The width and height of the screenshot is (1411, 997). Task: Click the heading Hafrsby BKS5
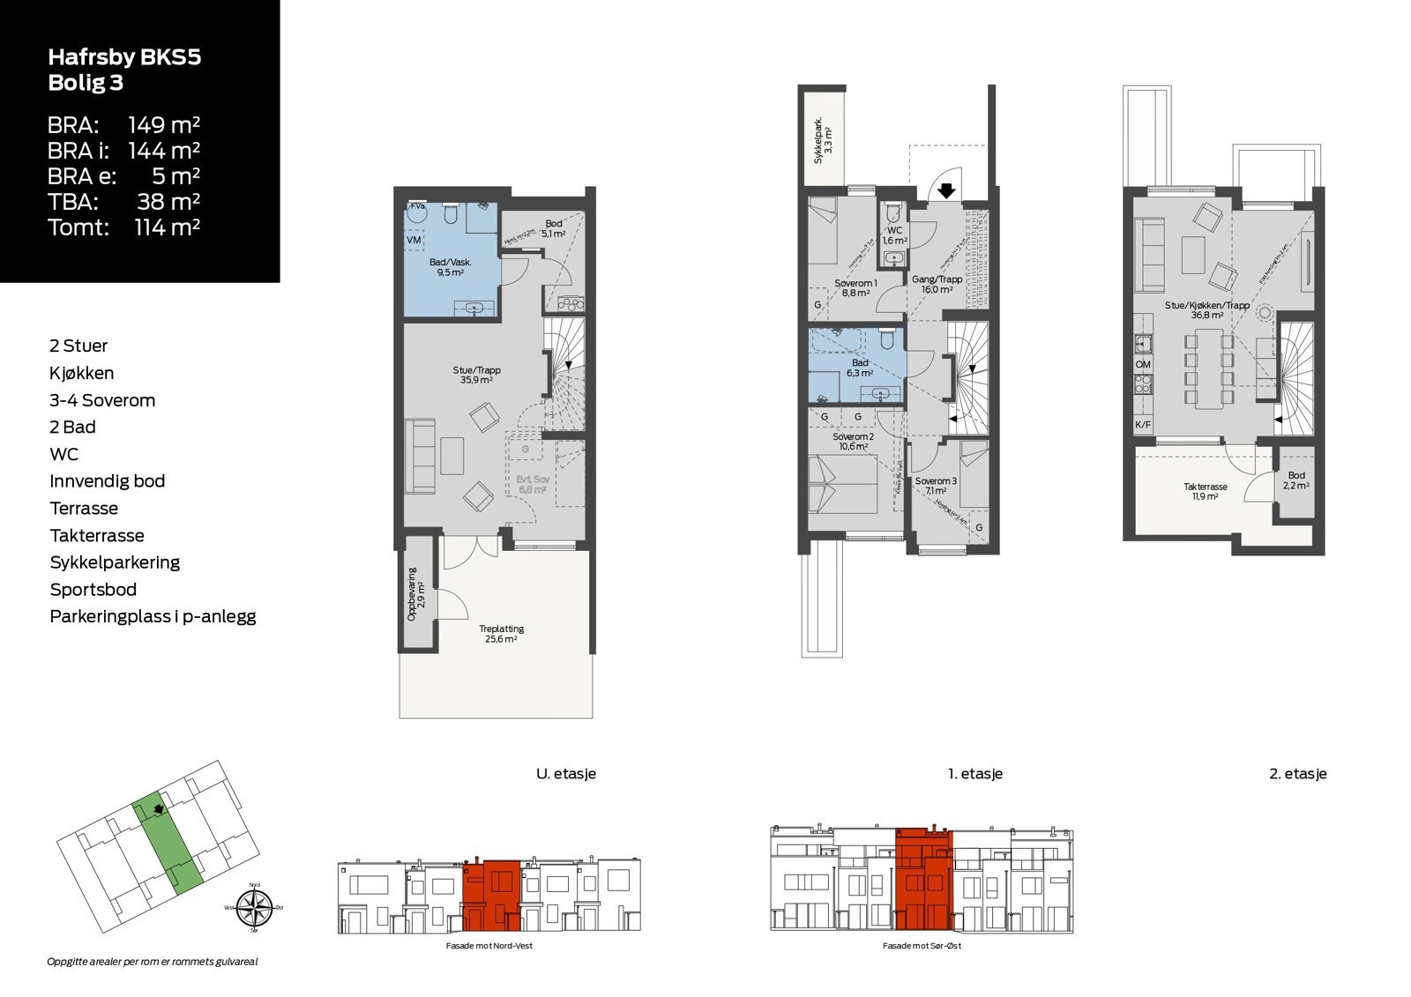click(x=124, y=57)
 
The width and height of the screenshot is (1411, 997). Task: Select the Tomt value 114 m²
click(x=167, y=227)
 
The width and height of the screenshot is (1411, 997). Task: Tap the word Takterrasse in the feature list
click(x=97, y=535)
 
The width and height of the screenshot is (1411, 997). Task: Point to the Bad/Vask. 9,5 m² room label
click(x=450, y=267)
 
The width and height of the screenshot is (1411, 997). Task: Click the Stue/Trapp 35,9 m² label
click(x=476, y=376)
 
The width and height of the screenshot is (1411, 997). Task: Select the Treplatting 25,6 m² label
click(x=501, y=633)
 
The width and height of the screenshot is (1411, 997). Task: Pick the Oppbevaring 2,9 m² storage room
click(x=415, y=600)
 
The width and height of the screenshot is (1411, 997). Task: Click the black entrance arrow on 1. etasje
click(x=945, y=190)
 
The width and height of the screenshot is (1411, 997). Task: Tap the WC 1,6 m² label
click(x=894, y=235)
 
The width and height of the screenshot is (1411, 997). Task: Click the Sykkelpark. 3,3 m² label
click(x=822, y=140)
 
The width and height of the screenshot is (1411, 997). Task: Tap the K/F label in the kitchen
click(x=1143, y=425)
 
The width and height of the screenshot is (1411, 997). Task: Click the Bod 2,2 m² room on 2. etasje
click(x=1295, y=480)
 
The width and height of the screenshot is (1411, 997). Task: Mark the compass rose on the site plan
click(x=254, y=908)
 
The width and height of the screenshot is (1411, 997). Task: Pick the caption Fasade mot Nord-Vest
click(x=489, y=946)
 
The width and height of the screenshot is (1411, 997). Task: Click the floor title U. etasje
click(x=566, y=774)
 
